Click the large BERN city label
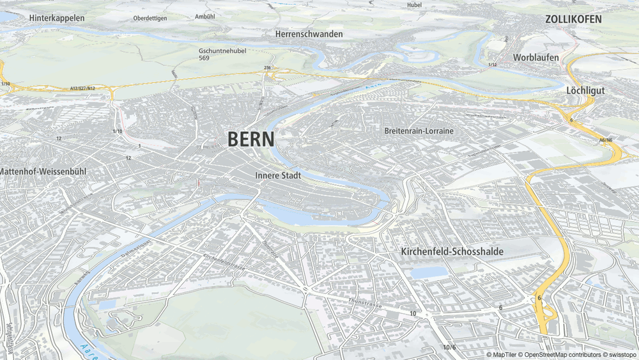[x=251, y=139]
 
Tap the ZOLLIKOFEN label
[x=573, y=19]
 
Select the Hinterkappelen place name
[x=57, y=18]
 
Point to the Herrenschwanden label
[x=309, y=34]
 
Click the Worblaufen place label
[x=535, y=58]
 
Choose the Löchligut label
[x=585, y=91]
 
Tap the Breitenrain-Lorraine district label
[x=419, y=131]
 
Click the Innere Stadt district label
[x=278, y=175]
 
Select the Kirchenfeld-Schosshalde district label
[x=452, y=252]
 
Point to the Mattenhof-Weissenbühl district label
[x=43, y=172]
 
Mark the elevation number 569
[x=204, y=58]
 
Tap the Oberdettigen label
[x=150, y=19]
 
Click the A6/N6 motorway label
[x=606, y=140]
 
